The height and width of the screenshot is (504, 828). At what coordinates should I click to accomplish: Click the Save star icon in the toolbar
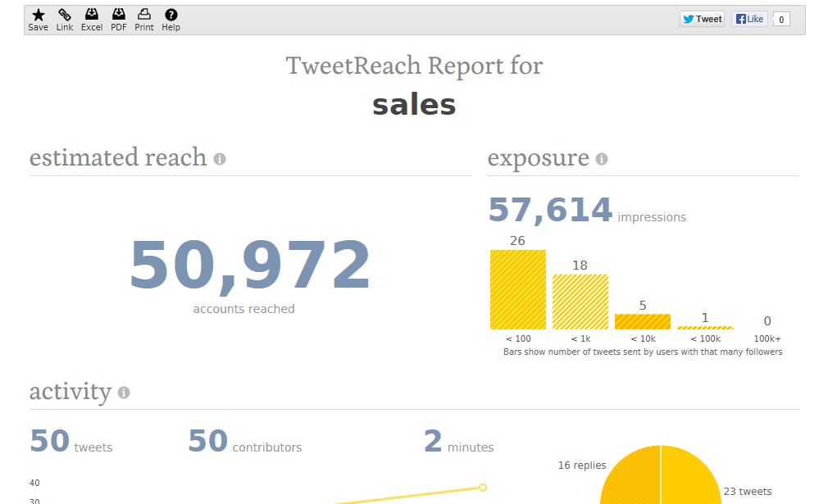(x=38, y=15)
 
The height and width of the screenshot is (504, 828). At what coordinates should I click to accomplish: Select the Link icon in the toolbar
(x=65, y=15)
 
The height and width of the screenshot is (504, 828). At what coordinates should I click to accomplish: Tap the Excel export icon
(x=92, y=15)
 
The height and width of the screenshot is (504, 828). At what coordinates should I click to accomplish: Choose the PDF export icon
(x=119, y=15)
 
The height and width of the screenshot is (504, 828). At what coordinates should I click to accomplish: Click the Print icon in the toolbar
(x=144, y=15)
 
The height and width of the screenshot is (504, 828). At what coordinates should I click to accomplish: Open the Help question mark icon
(x=171, y=15)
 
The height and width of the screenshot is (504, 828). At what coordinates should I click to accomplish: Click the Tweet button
(x=703, y=19)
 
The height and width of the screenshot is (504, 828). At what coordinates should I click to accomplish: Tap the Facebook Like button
(x=749, y=19)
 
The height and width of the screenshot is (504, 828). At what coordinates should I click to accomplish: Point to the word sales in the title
(x=414, y=105)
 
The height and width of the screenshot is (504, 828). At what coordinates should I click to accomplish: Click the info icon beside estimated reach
(x=220, y=159)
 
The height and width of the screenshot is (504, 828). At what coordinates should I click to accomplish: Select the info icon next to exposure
(x=602, y=159)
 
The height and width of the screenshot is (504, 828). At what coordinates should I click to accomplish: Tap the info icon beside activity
(x=124, y=393)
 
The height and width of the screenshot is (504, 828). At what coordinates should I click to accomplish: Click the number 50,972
(x=250, y=266)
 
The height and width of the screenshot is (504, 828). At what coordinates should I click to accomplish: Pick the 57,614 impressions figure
(x=550, y=211)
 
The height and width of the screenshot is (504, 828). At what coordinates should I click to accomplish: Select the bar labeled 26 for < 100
(x=518, y=289)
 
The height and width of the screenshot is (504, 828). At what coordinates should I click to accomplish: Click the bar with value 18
(x=580, y=302)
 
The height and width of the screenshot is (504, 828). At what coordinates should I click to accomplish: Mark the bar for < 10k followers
(x=643, y=321)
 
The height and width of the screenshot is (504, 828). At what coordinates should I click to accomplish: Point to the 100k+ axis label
(x=767, y=338)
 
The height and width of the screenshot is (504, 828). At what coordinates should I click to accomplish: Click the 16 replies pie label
(x=582, y=465)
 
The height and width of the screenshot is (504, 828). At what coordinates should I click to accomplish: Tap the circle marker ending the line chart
(x=483, y=488)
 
